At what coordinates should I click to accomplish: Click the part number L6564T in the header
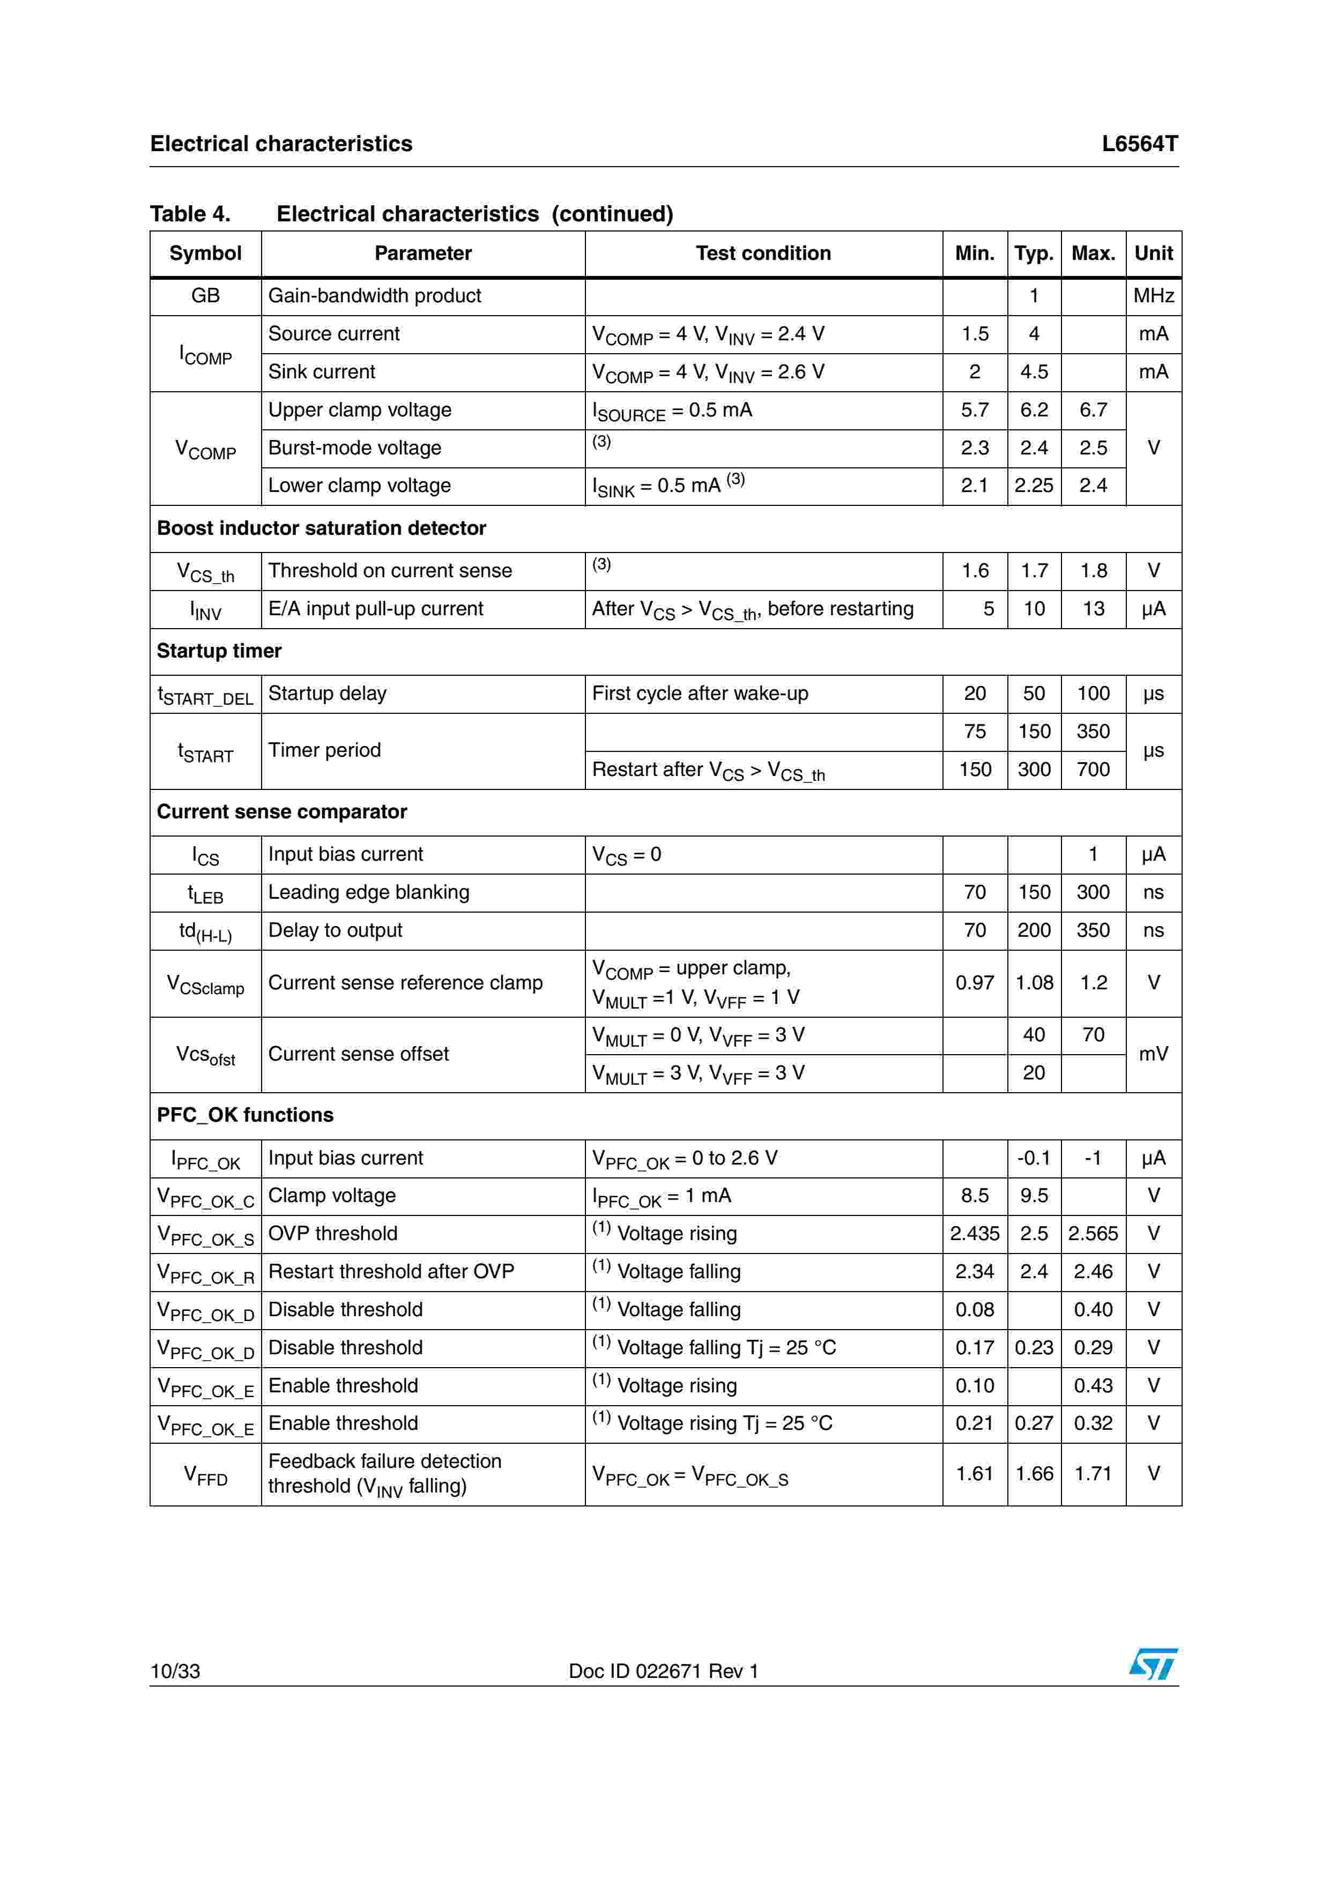click(1139, 144)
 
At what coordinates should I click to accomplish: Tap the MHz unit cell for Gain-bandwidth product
click(1153, 296)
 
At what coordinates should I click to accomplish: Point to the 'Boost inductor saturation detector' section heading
click(321, 528)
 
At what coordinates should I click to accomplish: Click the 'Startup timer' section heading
click(219, 651)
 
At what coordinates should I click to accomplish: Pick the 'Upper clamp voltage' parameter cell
click(360, 409)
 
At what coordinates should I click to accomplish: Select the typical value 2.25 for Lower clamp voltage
click(1034, 486)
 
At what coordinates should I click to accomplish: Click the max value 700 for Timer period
click(1093, 770)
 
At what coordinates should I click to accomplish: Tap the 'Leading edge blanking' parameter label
click(368, 892)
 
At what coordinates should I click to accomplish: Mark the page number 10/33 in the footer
click(175, 1671)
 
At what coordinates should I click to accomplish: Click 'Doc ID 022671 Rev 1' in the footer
click(663, 1671)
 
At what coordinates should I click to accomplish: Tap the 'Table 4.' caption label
click(190, 214)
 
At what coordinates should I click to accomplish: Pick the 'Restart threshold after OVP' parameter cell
click(391, 1272)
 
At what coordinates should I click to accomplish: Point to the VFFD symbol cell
click(205, 1475)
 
